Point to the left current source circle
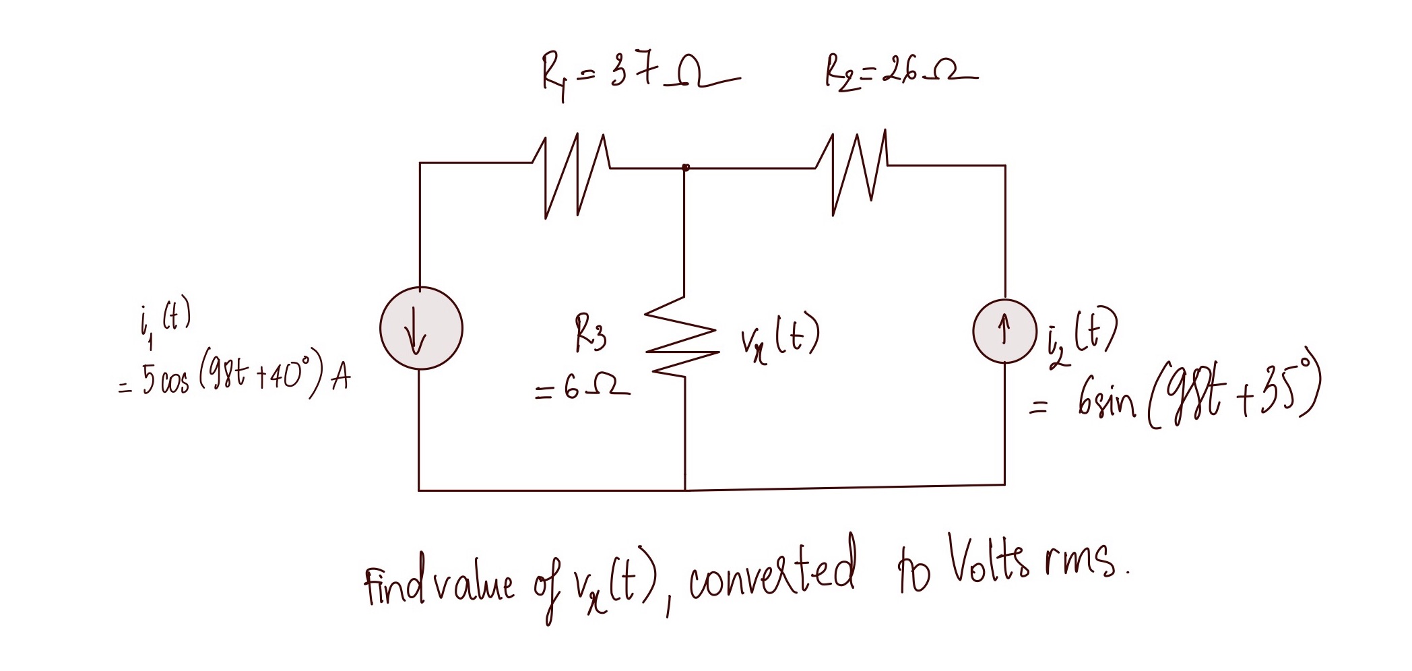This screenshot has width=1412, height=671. click(421, 329)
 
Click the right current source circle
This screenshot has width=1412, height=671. click(1003, 330)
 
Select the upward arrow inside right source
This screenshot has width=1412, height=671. click(1004, 329)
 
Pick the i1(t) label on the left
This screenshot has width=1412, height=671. click(162, 323)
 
